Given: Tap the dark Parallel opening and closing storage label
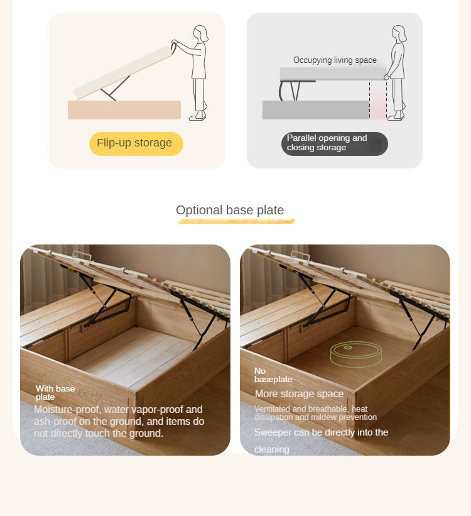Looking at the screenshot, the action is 335,143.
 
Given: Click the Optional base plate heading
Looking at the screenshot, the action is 230,210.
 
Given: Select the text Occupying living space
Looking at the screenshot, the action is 335,60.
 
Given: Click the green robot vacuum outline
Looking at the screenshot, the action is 356,354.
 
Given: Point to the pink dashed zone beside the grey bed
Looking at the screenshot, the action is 378,100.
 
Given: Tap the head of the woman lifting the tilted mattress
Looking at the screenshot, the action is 200,33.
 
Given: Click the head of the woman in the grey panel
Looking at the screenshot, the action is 399,33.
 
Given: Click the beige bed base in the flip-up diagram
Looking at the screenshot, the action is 124,110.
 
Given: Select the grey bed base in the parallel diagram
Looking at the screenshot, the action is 316,110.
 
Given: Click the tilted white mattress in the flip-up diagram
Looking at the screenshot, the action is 123,72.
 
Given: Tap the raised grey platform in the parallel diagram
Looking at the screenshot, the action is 333,74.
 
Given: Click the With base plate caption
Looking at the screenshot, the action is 55,393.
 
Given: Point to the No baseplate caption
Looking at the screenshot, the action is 273,375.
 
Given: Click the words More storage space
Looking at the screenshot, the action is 300,393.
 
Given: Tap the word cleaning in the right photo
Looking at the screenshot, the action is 272,449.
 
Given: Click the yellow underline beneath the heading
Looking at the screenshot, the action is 235,221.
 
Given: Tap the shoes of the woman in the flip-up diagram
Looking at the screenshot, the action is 198,116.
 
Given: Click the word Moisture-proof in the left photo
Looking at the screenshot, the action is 67,410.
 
